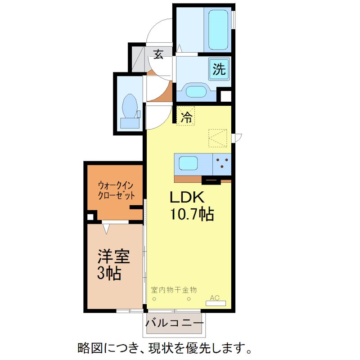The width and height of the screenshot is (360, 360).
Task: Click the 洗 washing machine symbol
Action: (x=219, y=70)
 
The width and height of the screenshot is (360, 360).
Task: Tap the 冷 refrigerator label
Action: (x=186, y=117)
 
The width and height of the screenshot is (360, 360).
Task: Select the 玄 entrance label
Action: (x=158, y=54)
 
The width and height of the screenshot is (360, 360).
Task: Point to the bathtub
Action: (x=218, y=29)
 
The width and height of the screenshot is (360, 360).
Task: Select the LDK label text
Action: (x=187, y=198)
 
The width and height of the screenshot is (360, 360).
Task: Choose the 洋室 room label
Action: (x=114, y=256)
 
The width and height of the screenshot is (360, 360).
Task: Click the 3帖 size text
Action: (x=109, y=273)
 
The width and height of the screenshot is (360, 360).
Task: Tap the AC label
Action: (x=215, y=297)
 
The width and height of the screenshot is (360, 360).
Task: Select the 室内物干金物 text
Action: (x=174, y=290)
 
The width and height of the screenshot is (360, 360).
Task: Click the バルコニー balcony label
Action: (x=174, y=324)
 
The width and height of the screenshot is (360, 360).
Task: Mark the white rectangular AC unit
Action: (x=216, y=303)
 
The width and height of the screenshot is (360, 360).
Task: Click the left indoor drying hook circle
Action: (x=154, y=299)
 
